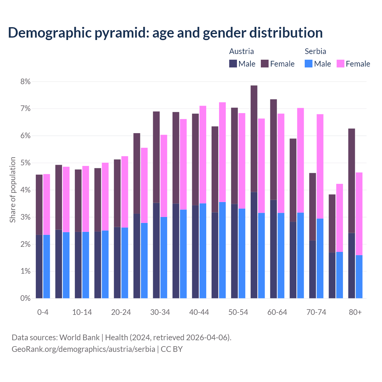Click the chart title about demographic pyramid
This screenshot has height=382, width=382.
tap(165, 33)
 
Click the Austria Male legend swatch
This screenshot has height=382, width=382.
tap(233, 64)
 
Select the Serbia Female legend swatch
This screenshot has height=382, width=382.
tap(341, 64)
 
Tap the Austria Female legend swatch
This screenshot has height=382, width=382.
tap(265, 64)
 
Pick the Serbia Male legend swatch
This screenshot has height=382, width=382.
tap(309, 64)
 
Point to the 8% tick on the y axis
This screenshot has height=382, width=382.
tap(25, 81)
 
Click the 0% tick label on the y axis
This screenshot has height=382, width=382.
tap(25, 298)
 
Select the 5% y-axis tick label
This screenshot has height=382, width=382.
tap(25, 163)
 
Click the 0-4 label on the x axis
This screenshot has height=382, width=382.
tap(43, 312)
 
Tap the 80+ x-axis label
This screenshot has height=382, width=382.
tap(355, 312)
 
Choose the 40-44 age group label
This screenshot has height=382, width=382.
tap(199, 312)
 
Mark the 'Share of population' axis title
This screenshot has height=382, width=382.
tap(13, 190)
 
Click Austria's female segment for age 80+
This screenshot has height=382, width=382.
tap(352, 181)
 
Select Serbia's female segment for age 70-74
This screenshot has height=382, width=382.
tap(320, 166)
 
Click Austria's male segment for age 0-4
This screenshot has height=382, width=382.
tap(39, 267)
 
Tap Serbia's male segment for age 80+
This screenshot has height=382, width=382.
tap(359, 277)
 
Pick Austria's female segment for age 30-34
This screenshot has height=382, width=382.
tap(156, 157)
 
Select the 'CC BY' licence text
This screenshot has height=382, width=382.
tap(172, 349)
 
